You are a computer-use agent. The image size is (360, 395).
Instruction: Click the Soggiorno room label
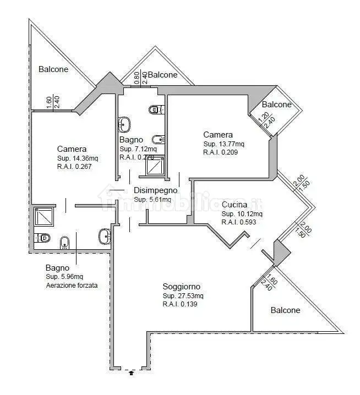point(181,287)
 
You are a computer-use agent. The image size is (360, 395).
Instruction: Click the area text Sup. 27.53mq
point(183,296)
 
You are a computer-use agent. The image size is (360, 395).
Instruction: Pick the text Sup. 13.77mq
point(223,144)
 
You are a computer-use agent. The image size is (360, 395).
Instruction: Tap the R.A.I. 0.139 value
point(180,304)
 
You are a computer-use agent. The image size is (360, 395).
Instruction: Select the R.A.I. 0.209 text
point(221,152)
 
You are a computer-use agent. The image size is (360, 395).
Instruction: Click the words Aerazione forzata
point(72,286)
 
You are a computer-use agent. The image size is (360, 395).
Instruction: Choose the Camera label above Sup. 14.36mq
point(72,149)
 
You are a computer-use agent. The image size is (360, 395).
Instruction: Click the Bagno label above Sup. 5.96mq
point(57,268)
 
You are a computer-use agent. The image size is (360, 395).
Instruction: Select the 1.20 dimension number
point(263,117)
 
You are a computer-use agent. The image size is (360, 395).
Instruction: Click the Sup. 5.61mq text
point(152,199)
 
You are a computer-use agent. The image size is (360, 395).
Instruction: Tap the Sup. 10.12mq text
point(242,214)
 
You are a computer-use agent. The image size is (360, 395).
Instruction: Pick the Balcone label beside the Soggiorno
point(285,310)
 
